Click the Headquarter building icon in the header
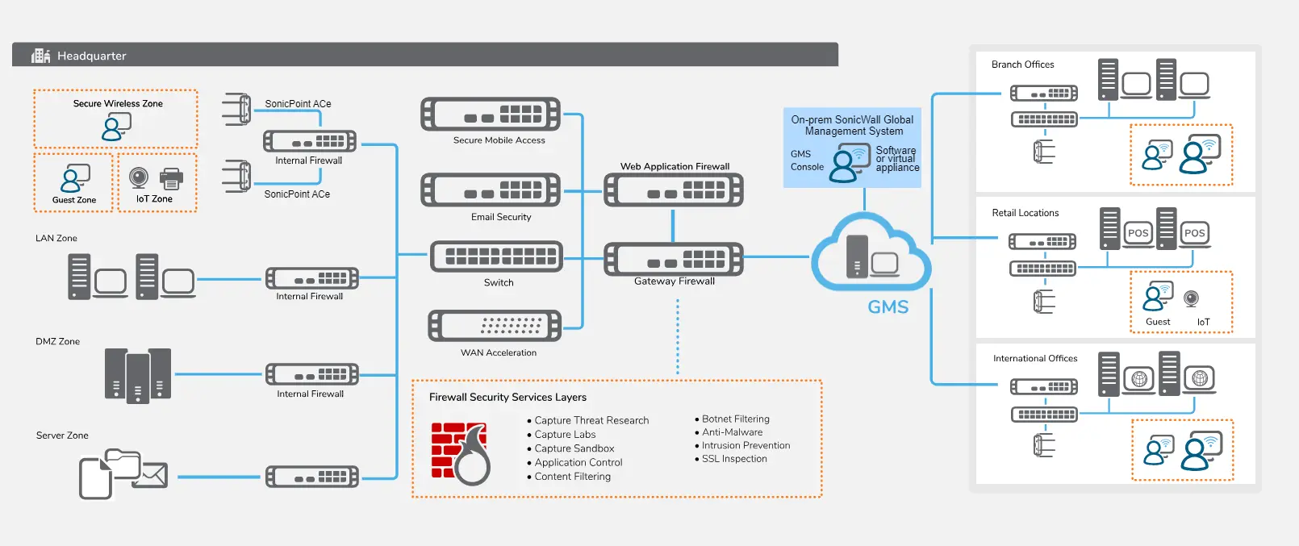[40, 56]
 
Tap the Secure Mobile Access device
[491, 115]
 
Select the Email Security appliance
[491, 190]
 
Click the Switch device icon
[496, 256]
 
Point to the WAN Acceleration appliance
[495, 326]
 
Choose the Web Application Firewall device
[674, 190]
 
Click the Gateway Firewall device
[674, 260]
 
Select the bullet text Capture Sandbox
[574, 448]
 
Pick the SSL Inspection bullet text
[734, 459]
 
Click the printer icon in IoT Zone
[171, 178]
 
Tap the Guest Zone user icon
[75, 178]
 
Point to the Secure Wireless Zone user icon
[116, 127]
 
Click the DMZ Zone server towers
[138, 375]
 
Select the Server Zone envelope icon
[152, 475]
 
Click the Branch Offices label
[1022, 65]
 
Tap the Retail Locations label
[1025, 213]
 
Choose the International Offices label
[1034, 358]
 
